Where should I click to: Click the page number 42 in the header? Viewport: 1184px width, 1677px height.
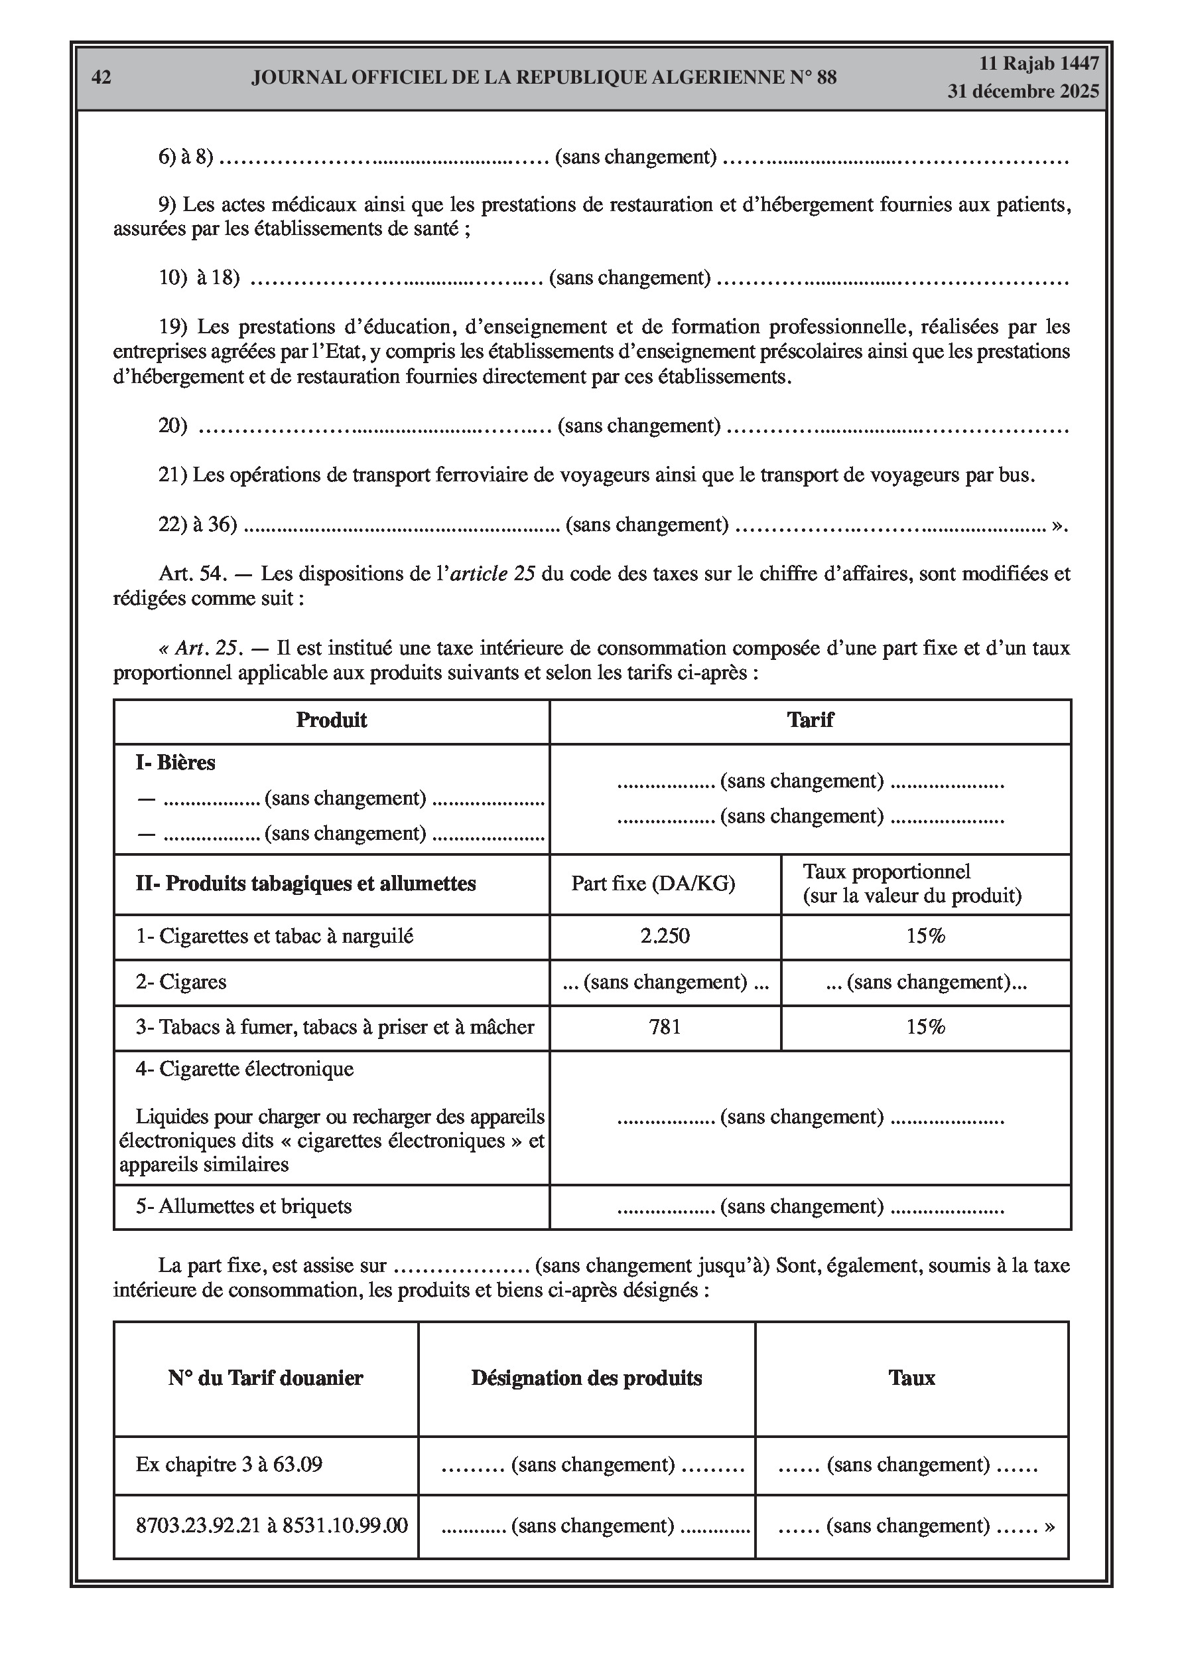101,78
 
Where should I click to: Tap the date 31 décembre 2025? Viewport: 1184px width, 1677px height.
1023,92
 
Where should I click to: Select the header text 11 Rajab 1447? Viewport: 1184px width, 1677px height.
1038,64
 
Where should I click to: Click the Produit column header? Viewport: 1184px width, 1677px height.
332,720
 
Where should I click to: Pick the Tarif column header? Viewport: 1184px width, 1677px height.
809,720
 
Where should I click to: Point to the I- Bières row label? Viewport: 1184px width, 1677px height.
175,763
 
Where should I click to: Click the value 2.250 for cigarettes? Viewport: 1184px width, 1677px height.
665,935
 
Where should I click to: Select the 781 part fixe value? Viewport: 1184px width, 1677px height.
665,1027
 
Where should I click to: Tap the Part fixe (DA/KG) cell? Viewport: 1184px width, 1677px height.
653,884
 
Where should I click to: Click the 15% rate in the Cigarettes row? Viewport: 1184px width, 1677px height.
925,935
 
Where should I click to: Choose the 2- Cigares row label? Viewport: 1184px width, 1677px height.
181,982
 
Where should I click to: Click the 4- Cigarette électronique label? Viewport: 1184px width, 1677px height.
245,1070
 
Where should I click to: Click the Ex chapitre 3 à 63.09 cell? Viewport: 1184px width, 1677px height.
230,1465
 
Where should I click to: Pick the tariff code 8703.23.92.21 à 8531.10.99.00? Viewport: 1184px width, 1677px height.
271,1525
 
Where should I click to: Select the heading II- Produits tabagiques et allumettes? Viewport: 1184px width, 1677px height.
306,884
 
